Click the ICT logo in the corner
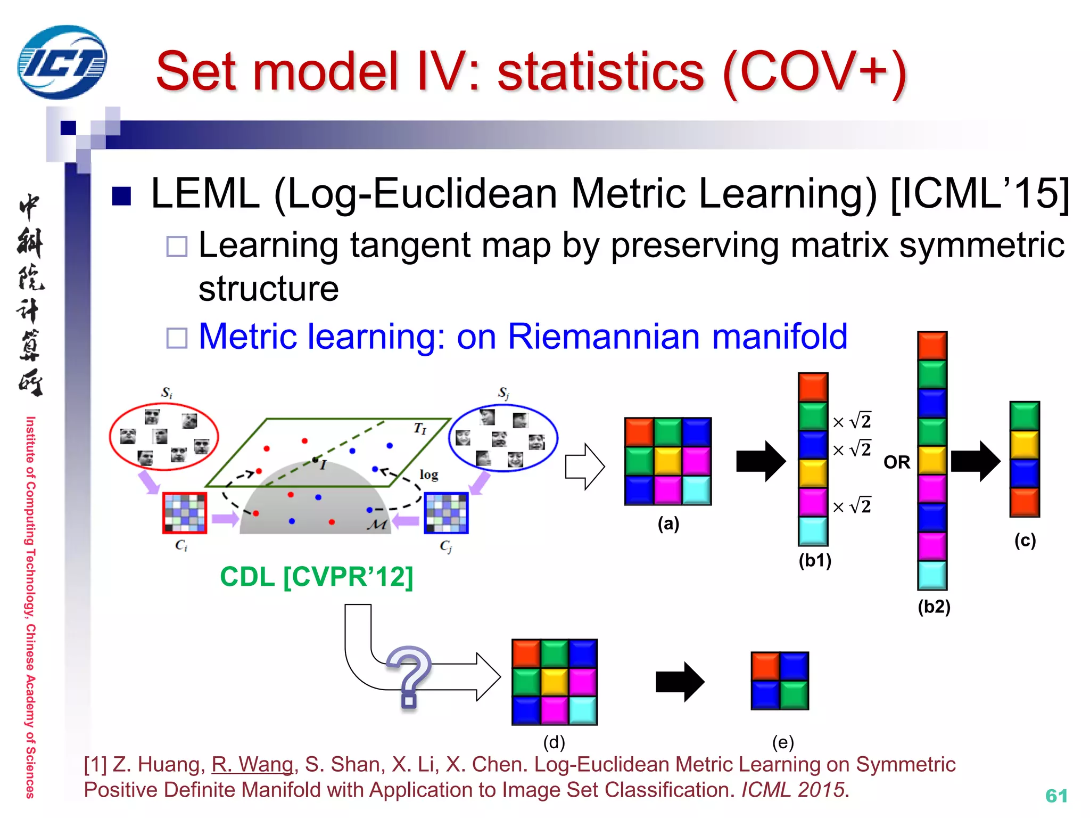pos(62,62)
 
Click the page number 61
pos(1056,796)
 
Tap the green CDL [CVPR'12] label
pos(317,577)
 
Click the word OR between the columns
pos(897,462)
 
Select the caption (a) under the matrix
pos(668,523)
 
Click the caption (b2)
pos(934,606)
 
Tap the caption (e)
pos(782,742)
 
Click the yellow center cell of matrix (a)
pos(668,461)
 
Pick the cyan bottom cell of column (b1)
pos(813,531)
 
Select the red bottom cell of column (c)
pos(1025,502)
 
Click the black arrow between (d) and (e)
pos(680,682)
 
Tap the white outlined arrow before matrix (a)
pos(584,467)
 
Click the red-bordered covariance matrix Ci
pos(185,513)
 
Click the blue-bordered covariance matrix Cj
pos(446,513)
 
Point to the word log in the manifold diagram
pos(428,474)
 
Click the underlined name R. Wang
pos(252,764)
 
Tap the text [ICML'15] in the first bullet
pos(979,193)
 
